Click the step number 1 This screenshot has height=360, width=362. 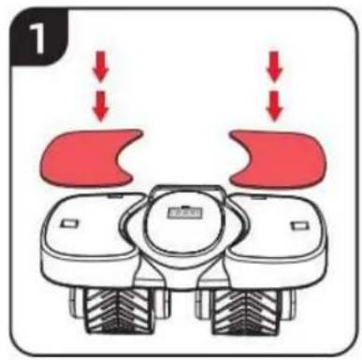tap(37, 38)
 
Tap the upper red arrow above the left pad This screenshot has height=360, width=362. tap(101, 66)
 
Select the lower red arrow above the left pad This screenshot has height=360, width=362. tap(101, 106)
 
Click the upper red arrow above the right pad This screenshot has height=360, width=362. tap(274, 66)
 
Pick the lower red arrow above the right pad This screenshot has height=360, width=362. tap(274, 106)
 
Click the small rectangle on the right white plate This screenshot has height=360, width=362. tap(298, 225)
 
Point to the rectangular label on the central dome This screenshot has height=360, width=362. tap(184, 213)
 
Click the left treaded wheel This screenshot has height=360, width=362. tap(121, 310)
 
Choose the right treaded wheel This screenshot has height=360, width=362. tap(246, 310)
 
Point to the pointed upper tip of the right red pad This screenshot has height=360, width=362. tap(232, 134)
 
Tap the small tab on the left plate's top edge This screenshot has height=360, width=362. tap(113, 195)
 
